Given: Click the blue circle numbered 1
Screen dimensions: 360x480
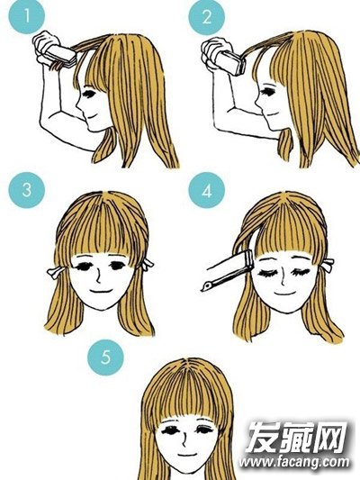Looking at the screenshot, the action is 27,15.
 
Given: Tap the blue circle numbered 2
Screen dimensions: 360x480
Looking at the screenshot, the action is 207,17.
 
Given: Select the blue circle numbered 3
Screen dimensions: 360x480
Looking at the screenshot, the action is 27,190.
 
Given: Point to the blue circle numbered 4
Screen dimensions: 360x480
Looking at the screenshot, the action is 207,190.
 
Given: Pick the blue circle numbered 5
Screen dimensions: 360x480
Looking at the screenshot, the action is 105,357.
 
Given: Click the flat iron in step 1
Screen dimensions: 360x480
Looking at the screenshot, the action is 60,56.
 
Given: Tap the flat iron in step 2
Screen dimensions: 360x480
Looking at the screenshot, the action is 232,63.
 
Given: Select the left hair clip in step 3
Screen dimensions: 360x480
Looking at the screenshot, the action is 56,272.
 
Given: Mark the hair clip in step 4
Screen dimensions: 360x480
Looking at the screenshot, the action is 328,265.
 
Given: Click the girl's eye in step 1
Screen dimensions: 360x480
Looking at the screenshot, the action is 89,94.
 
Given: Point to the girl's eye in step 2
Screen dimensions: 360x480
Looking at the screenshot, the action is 267,91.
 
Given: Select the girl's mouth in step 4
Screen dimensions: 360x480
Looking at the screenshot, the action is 283,294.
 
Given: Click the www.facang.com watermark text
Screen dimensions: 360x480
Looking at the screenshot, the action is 294,462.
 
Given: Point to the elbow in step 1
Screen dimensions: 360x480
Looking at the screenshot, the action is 43,123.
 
